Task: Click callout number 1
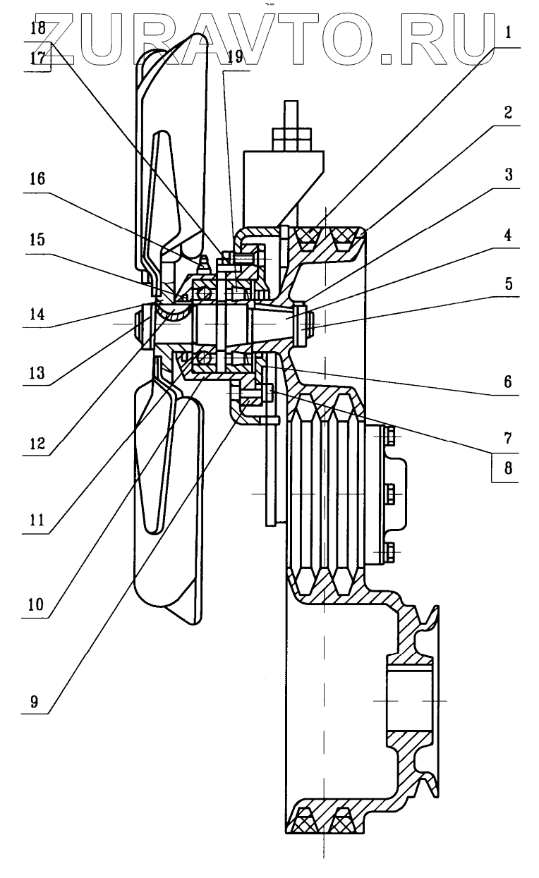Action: [x=508, y=33]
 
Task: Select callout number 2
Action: [x=508, y=113]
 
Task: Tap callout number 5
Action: [x=509, y=283]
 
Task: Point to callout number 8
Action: [x=509, y=468]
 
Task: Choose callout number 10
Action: [x=36, y=604]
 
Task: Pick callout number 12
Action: [x=37, y=444]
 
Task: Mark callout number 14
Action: [x=37, y=315]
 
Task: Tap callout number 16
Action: [x=37, y=179]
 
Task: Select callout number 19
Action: [x=235, y=57]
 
